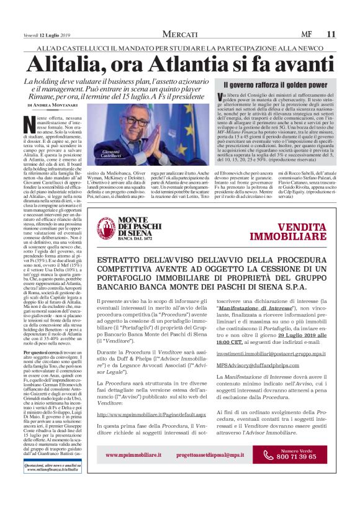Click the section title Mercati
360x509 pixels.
(x=180, y=34)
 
